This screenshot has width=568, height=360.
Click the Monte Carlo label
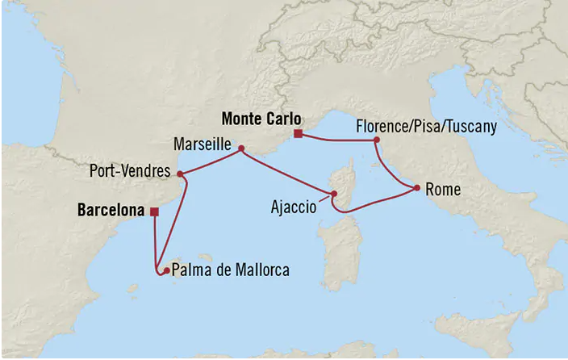[x=256, y=118]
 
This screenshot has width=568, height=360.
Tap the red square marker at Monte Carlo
[x=298, y=134]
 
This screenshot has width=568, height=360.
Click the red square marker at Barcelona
[x=154, y=212]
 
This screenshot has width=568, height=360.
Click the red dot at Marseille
[x=240, y=149]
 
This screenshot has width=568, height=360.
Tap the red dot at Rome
[x=416, y=188]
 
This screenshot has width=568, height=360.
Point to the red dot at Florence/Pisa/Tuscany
[x=376, y=140]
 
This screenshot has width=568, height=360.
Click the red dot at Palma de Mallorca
[x=165, y=271]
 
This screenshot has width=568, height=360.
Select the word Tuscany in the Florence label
[x=472, y=128]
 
